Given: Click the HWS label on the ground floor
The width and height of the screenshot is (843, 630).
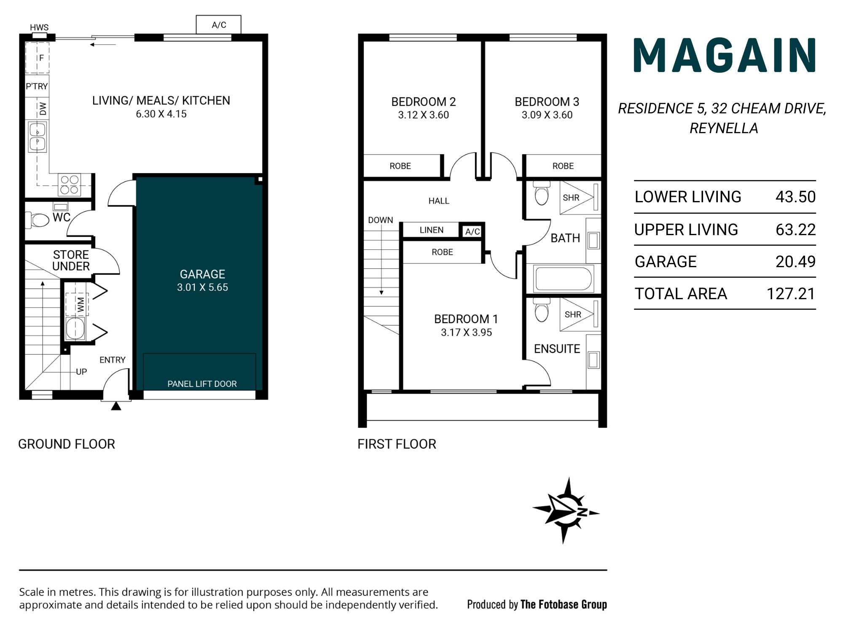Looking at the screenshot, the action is point(39,27).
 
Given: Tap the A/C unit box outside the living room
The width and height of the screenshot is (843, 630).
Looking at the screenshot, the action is point(219,24).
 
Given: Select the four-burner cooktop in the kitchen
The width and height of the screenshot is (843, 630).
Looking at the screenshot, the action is point(70,185).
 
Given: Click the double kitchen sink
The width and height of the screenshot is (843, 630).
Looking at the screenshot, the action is point(38,136).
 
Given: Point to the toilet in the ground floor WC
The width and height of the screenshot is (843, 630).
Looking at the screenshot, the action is point(38,220).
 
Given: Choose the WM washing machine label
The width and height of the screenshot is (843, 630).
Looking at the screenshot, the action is point(80,305).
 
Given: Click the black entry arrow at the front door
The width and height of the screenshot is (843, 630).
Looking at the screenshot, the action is point(116,406).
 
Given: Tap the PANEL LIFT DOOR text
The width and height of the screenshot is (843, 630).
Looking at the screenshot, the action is point(202,384).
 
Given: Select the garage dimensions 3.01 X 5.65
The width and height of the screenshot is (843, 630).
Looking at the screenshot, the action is point(202,287).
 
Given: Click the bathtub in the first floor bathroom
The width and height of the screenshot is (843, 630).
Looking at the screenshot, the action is point(563,278).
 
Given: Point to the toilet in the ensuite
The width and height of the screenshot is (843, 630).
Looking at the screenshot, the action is point(542,310).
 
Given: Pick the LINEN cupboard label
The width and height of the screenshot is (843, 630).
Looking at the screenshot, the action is point(431,230).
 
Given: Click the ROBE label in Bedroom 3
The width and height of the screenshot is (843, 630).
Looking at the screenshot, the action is point(563,166).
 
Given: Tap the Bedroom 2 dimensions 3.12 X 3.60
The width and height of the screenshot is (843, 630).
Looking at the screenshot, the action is point(424,115).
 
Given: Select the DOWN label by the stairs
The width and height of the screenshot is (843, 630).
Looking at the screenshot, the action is point(380,220).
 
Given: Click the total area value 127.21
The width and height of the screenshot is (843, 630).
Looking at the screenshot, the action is point(791,294).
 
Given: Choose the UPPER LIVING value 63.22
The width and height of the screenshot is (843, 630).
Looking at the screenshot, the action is point(796,230).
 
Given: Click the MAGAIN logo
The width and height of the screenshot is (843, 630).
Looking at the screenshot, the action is point(725,55).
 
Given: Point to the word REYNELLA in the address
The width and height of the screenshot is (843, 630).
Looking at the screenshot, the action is point(724,128).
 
